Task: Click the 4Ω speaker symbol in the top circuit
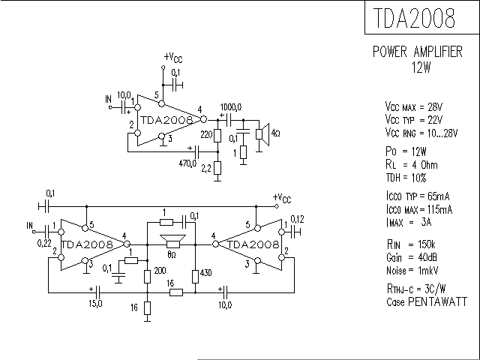pyautogui.click(x=262, y=133)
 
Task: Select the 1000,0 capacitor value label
pyautogui.click(x=231, y=106)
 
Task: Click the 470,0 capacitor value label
pyautogui.click(x=187, y=163)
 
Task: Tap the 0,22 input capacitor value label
pyautogui.click(x=45, y=243)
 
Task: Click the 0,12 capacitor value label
pyautogui.click(x=297, y=218)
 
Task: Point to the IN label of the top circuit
pyautogui.click(x=108, y=98)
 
